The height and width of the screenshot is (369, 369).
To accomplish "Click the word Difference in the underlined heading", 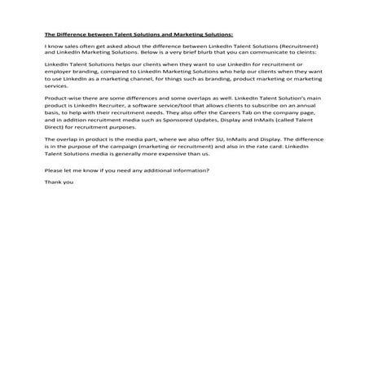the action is [74, 34].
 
